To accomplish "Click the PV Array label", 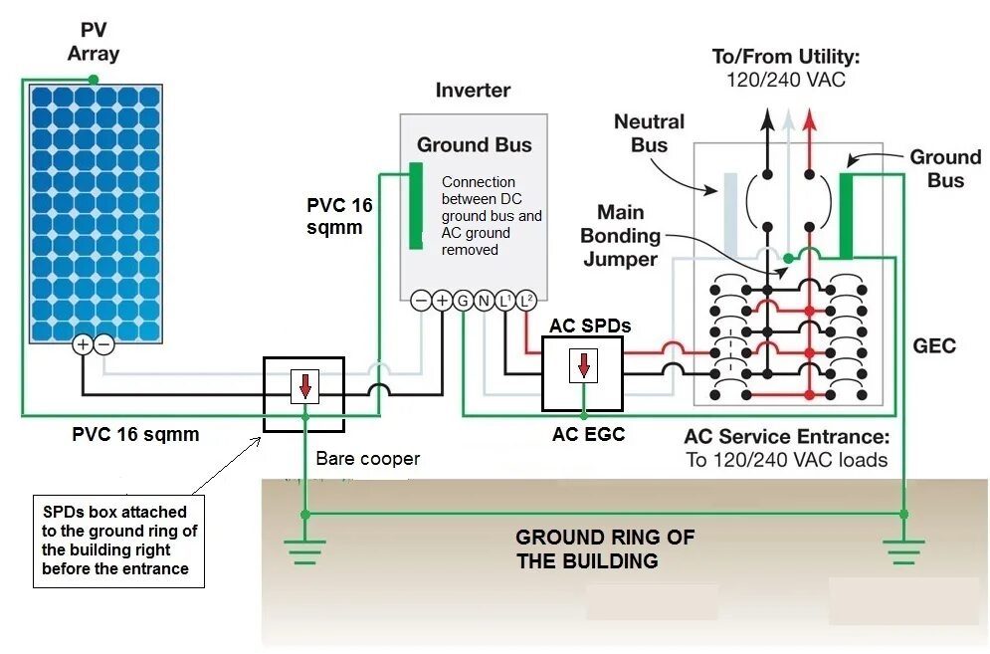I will point(94,42).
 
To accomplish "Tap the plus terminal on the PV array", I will point(83,343).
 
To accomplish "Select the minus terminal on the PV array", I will point(103,343).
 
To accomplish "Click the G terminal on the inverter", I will point(463,300).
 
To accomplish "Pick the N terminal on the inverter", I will point(484,300).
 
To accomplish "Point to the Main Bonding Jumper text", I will point(621,236).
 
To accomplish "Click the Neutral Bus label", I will point(649,133).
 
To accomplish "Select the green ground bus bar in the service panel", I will point(849,215).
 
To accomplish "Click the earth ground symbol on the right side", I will point(903,549).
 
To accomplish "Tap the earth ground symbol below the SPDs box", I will point(304,549).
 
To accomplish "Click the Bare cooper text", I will point(367,459).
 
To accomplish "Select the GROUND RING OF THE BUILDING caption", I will point(604,548).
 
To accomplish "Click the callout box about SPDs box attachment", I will point(118,541).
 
